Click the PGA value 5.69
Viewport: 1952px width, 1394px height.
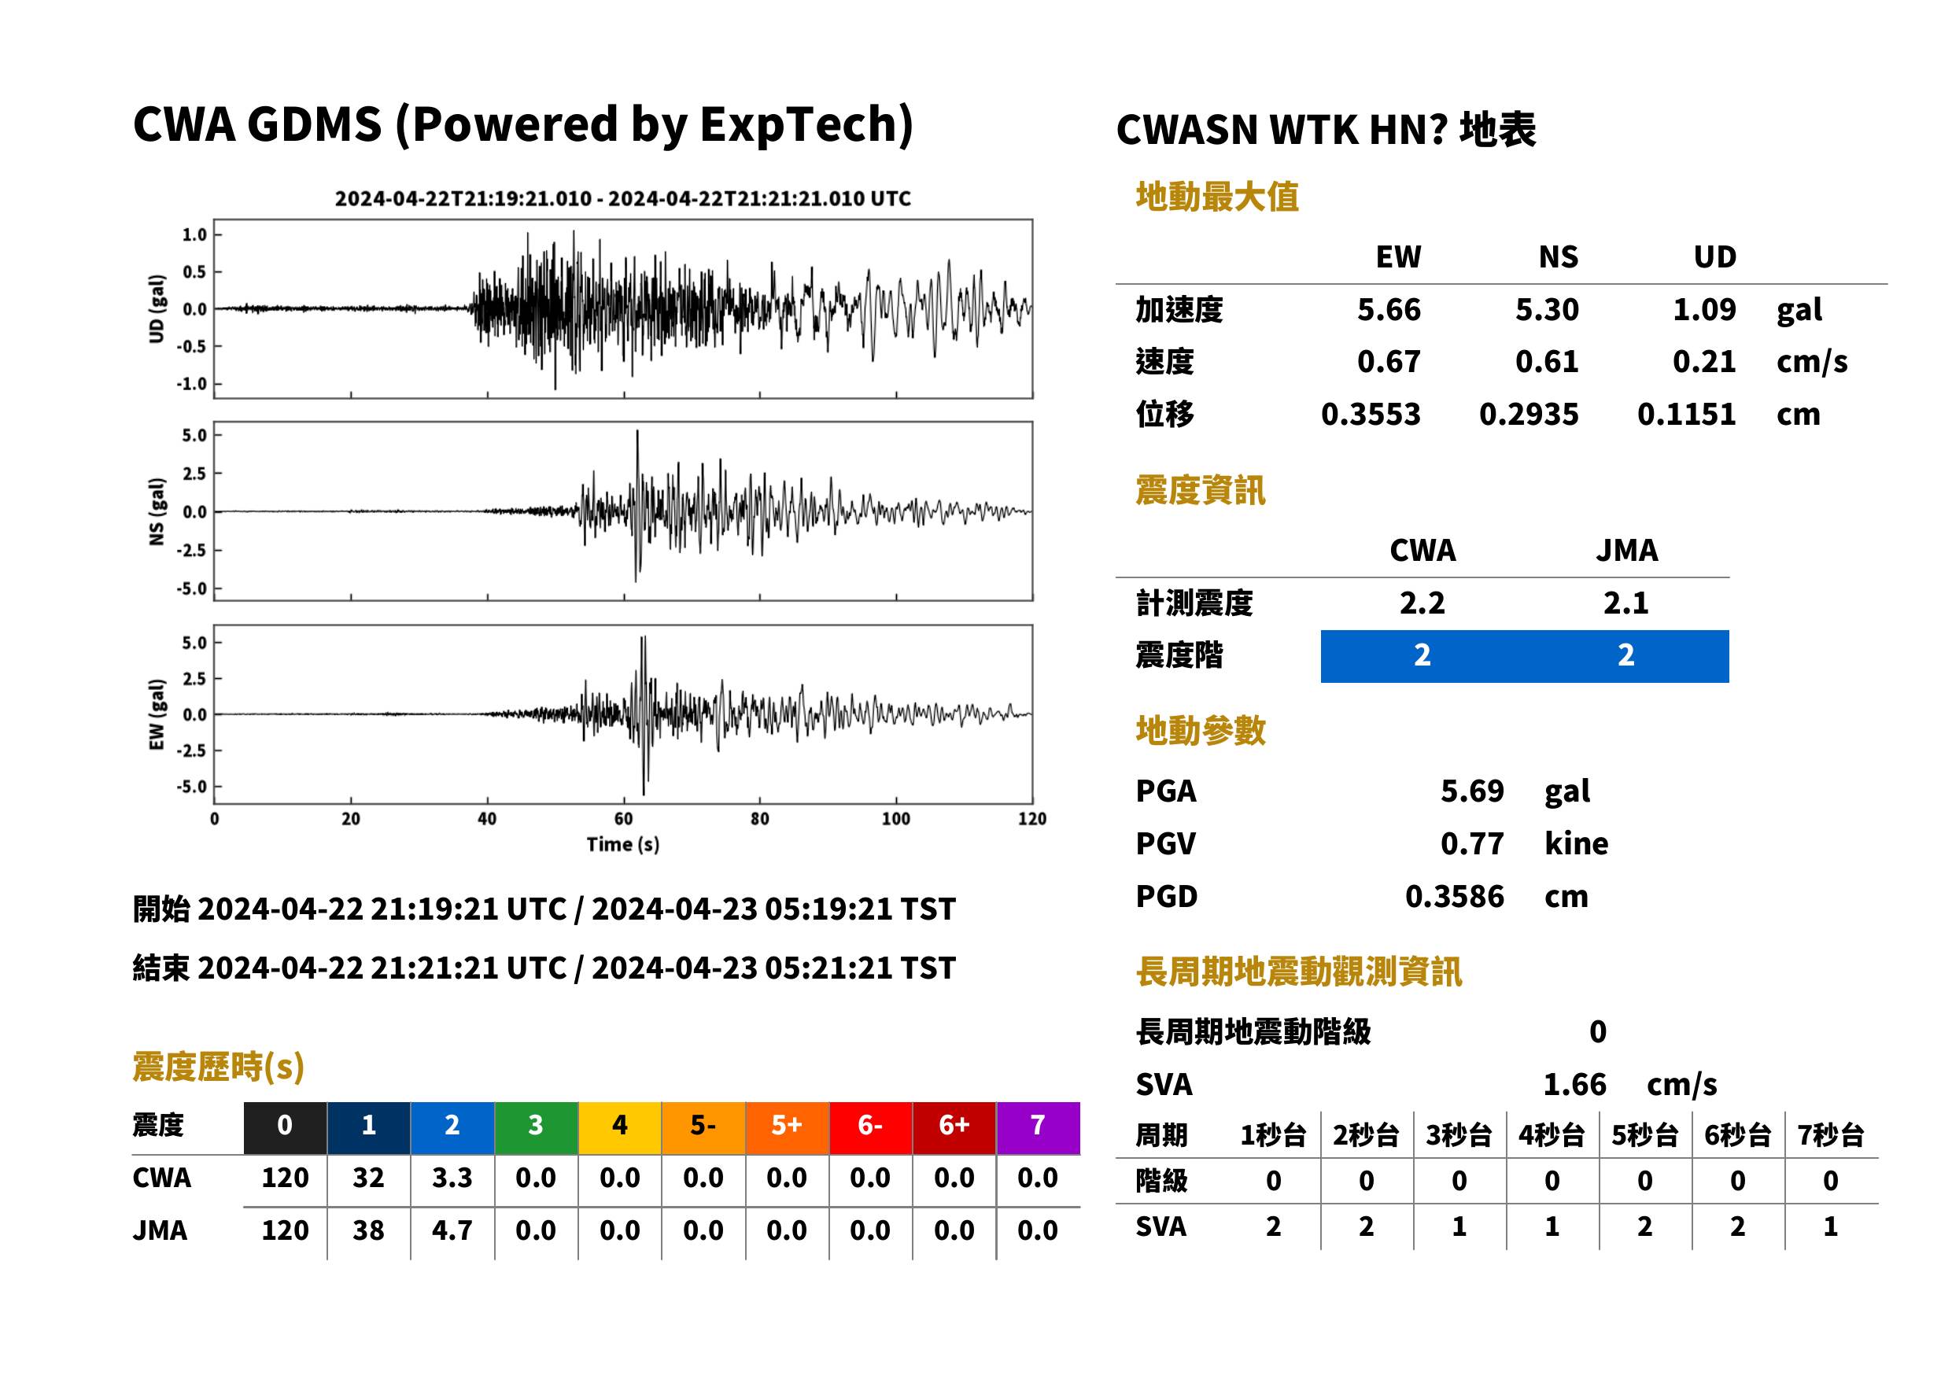tap(1471, 791)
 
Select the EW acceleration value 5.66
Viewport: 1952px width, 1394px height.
tap(1388, 309)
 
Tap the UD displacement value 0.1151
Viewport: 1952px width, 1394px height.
tap(1686, 414)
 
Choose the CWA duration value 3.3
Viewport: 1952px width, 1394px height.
tap(452, 1178)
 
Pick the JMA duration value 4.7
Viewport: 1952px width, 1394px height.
tap(452, 1230)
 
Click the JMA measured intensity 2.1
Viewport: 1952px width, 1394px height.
tap(1625, 603)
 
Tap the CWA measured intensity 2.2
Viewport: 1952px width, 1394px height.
tap(1422, 603)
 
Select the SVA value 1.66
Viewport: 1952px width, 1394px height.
tap(1574, 1084)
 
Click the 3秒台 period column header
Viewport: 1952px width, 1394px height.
tap(1459, 1134)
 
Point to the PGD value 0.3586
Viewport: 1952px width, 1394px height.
tap(1454, 896)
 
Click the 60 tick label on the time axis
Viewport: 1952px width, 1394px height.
tap(623, 818)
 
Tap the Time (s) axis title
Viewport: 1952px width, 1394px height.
tap(623, 844)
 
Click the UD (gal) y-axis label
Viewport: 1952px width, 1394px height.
tap(157, 309)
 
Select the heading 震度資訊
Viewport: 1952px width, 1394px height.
tap(1200, 490)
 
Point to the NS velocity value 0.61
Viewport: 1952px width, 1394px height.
tap(1546, 361)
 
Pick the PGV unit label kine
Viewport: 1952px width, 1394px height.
tap(1576, 843)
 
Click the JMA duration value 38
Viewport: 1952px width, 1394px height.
tap(368, 1230)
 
